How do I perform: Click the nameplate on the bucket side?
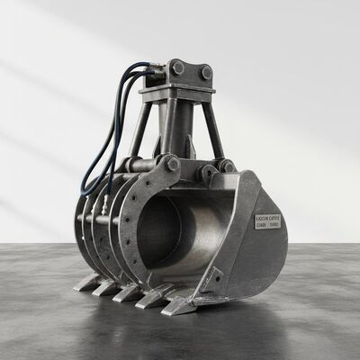point(267,219)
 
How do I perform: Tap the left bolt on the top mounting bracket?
point(176,67)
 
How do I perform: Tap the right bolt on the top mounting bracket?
point(206,71)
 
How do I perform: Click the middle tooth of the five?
point(128,292)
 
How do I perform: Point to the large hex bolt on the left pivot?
point(172,164)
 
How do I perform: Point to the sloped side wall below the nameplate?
point(256,256)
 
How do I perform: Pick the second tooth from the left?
point(106,287)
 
